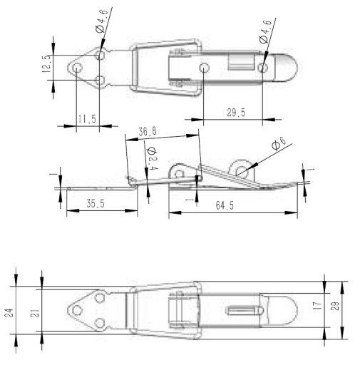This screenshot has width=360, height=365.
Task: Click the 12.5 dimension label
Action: click(46, 63)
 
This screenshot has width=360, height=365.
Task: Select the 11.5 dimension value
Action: click(87, 119)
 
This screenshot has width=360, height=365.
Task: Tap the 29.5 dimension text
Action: click(236, 113)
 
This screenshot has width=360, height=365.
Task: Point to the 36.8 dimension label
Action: click(148, 131)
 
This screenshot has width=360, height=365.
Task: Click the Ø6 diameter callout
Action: click(279, 143)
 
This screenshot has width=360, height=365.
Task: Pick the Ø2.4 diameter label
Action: click(152, 158)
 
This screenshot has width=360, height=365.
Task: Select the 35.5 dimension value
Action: click(96, 204)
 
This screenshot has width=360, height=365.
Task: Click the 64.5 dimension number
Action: click(225, 205)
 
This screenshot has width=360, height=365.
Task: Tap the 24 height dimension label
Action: click(9, 312)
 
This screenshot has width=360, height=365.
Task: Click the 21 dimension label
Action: click(34, 314)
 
